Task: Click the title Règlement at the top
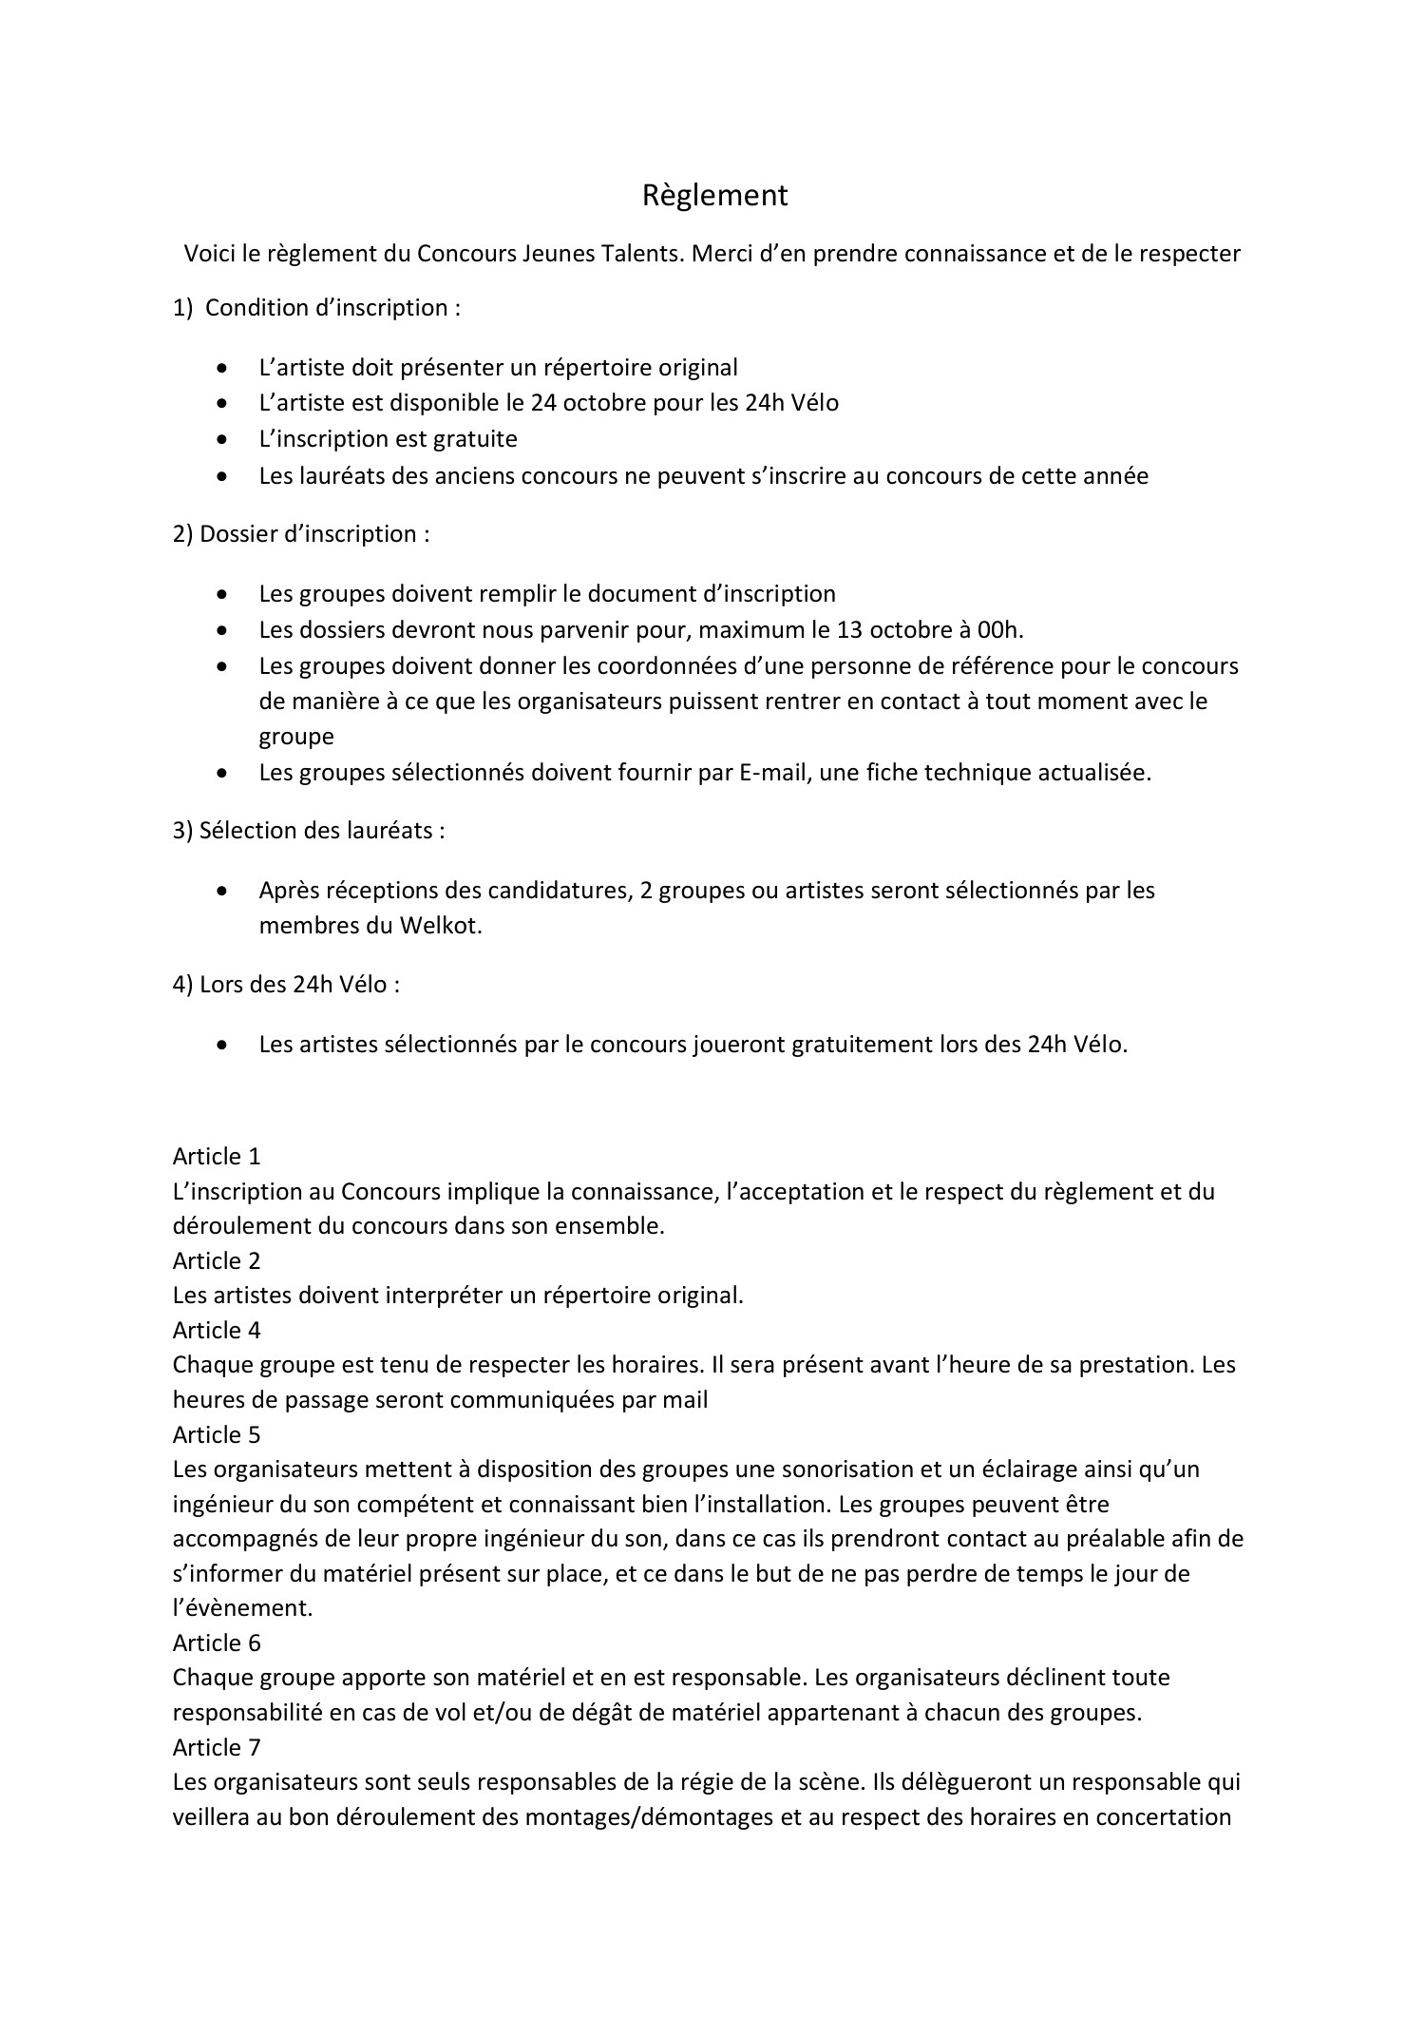coord(714,195)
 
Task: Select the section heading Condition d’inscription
coord(332,308)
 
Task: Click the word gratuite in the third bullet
coord(475,438)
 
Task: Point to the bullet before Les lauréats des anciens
coord(222,475)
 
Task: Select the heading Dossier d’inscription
coord(313,534)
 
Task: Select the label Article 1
coord(217,1156)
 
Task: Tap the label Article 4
coord(217,1330)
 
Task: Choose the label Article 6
coord(217,1642)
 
